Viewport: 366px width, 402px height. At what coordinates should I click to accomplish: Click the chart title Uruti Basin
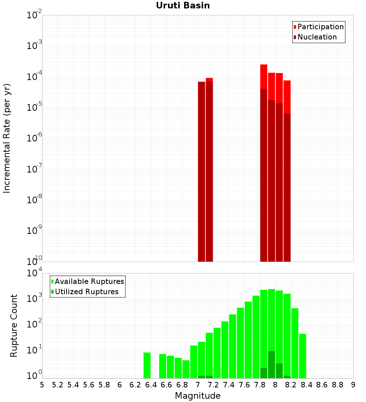pyautogui.click(x=183, y=5)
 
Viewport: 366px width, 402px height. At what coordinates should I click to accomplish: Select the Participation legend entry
pyautogui.click(x=320, y=27)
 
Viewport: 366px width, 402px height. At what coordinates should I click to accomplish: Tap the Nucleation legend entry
pyautogui.click(x=317, y=37)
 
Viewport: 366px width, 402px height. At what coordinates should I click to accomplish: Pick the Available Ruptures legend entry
pyautogui.click(x=89, y=281)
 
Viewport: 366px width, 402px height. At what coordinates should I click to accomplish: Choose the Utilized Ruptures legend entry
pyautogui.click(x=86, y=292)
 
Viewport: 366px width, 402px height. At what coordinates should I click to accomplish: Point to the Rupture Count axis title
pyautogui.click(x=14, y=326)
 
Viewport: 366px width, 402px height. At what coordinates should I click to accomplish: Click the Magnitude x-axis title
pyautogui.click(x=198, y=396)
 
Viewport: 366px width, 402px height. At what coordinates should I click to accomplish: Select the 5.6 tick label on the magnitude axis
pyautogui.click(x=89, y=385)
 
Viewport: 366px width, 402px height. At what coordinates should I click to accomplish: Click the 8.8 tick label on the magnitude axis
pyautogui.click(x=337, y=385)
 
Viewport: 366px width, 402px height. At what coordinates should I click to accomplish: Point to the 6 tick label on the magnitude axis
pyautogui.click(x=120, y=385)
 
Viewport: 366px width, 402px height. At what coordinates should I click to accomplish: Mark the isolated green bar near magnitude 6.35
pyautogui.click(x=147, y=365)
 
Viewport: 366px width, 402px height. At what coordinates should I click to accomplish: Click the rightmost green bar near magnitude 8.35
pyautogui.click(x=302, y=356)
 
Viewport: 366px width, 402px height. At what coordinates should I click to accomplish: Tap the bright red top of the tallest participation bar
pyautogui.click(x=264, y=76)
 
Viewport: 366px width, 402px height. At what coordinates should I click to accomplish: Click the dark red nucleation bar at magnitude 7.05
pyautogui.click(x=201, y=172)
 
